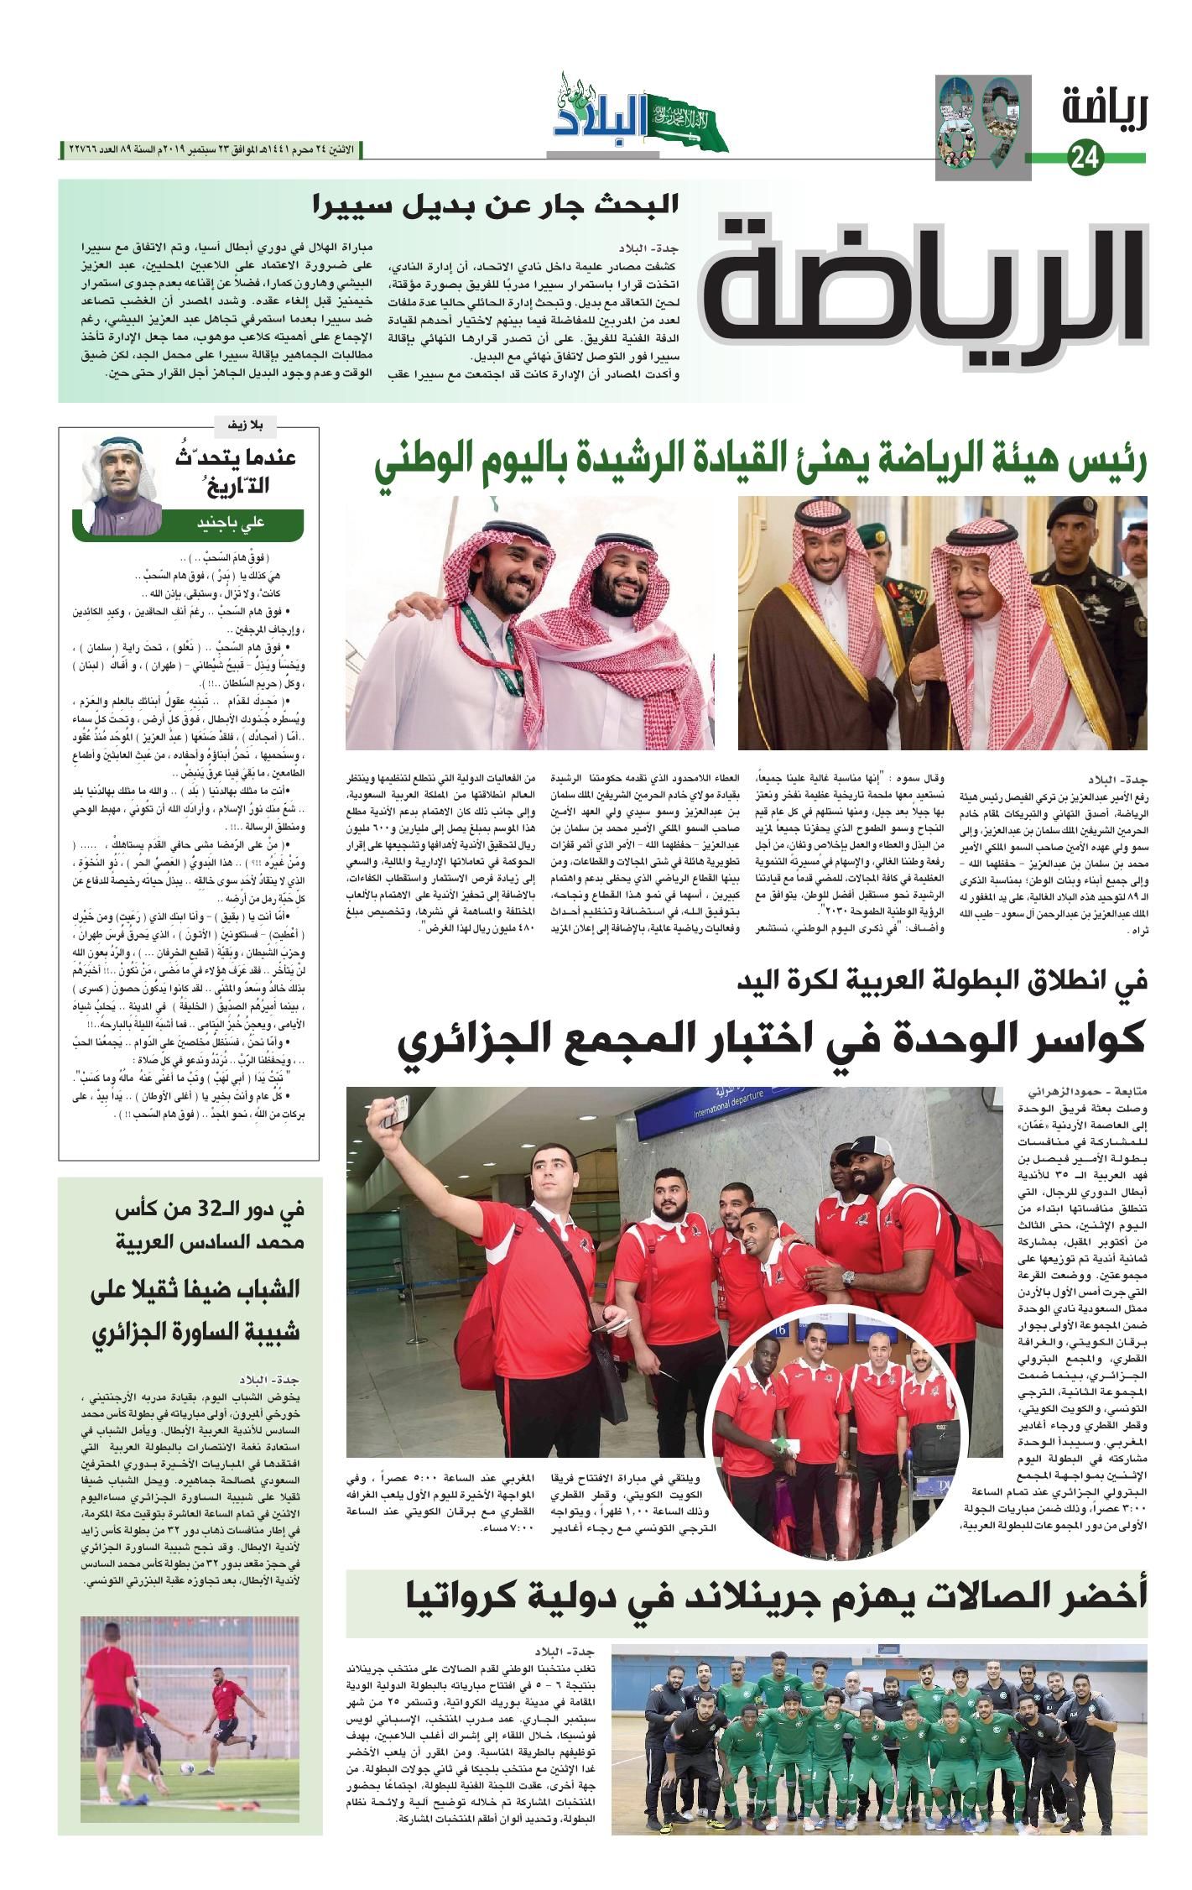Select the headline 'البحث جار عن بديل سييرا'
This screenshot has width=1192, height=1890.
pos(495,205)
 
